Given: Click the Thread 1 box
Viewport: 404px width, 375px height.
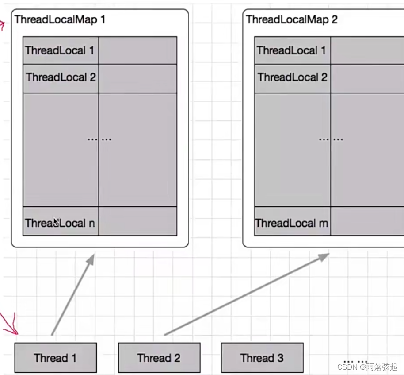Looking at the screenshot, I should (55, 357).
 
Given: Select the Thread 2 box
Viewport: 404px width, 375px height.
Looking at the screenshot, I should (159, 357).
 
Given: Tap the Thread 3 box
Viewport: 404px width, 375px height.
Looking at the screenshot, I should (262, 357).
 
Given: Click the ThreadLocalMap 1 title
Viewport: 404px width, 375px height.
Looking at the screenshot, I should (60, 19).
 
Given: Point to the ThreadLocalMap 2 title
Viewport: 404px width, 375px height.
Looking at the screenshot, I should (292, 19).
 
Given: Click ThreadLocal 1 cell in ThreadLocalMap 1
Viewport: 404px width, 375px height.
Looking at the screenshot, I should (60, 50).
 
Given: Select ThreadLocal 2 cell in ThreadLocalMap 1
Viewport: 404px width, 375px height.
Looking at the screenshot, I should (61, 77).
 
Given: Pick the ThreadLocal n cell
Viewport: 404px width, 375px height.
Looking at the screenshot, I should (60, 222).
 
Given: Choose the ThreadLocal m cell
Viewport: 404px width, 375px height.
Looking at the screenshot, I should (292, 223).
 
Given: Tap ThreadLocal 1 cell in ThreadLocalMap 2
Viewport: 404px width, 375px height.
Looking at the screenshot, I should (292, 50).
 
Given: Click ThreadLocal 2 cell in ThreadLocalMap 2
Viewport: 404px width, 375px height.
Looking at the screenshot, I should (292, 77).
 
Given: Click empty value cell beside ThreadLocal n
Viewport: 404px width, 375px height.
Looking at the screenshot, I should (137, 221).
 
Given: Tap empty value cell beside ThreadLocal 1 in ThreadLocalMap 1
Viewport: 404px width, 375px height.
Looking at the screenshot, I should (137, 50).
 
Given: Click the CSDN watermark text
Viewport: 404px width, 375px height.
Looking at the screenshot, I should (367, 367).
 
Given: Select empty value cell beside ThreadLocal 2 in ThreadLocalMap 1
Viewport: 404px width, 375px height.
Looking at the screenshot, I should (137, 78).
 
